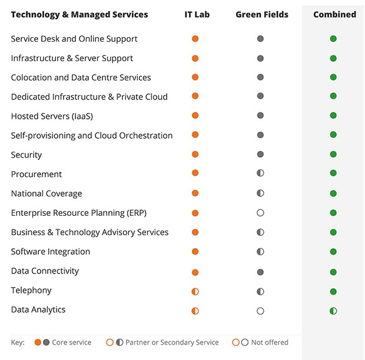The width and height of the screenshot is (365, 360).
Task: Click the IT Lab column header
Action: [x=197, y=14]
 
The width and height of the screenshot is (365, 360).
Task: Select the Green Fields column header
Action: [x=262, y=14]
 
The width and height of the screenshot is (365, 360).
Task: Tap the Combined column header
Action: [x=334, y=14]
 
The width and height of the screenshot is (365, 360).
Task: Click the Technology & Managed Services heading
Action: [x=79, y=14]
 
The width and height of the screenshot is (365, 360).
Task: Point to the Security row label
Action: [x=26, y=155]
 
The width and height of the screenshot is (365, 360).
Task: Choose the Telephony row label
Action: [x=31, y=290]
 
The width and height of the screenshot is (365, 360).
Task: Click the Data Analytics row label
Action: [x=38, y=309]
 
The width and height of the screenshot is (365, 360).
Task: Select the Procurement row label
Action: [x=36, y=174]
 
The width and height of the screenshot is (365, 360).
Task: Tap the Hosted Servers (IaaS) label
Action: [x=52, y=116]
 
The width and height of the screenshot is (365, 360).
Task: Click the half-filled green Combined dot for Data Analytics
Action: [x=333, y=311]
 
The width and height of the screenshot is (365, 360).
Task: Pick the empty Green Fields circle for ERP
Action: [x=260, y=213]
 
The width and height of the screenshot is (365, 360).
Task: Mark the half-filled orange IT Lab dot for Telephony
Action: [x=195, y=291]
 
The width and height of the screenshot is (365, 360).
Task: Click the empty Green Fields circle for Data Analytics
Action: [x=260, y=311]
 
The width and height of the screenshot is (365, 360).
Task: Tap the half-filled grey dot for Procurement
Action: [x=260, y=174]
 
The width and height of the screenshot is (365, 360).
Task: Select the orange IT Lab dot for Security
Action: [x=195, y=154]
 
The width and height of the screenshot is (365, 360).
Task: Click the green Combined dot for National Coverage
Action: [x=333, y=194]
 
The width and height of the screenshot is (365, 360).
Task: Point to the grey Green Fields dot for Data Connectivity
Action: [x=260, y=272]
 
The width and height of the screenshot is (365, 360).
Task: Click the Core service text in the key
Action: [x=72, y=342]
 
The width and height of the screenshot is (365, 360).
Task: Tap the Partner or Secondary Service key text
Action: [x=172, y=342]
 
